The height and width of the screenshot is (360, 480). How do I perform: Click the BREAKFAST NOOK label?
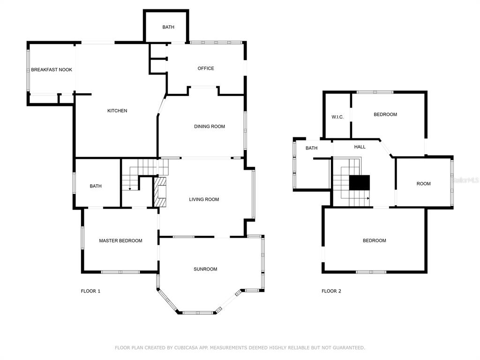(52, 69)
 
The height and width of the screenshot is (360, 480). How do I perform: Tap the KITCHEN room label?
(117, 111)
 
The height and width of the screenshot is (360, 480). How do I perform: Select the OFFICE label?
(206, 68)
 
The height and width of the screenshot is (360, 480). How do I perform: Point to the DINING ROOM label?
(210, 126)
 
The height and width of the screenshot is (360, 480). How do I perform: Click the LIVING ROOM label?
(204, 199)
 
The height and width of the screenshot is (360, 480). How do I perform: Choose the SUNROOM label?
(205, 269)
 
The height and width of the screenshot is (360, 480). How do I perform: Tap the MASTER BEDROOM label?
(120, 240)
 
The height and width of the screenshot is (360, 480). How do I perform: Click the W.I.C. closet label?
(337, 117)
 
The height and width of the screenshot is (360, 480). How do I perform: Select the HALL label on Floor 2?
(360, 147)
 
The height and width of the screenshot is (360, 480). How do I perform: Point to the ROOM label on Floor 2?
(423, 184)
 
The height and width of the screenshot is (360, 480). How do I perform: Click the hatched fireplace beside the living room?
(160, 192)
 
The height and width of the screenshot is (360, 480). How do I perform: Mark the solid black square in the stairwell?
(360, 182)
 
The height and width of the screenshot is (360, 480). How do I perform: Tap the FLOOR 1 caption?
(90, 291)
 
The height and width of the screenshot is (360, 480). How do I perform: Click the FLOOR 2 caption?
(331, 291)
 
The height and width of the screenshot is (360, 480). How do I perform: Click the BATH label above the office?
(168, 27)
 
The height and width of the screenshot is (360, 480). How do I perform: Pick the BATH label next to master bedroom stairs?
(96, 186)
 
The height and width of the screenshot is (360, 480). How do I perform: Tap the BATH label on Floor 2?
(311, 148)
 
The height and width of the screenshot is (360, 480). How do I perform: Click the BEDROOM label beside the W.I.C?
(385, 114)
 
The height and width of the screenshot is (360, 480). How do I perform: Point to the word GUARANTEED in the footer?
(349, 348)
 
